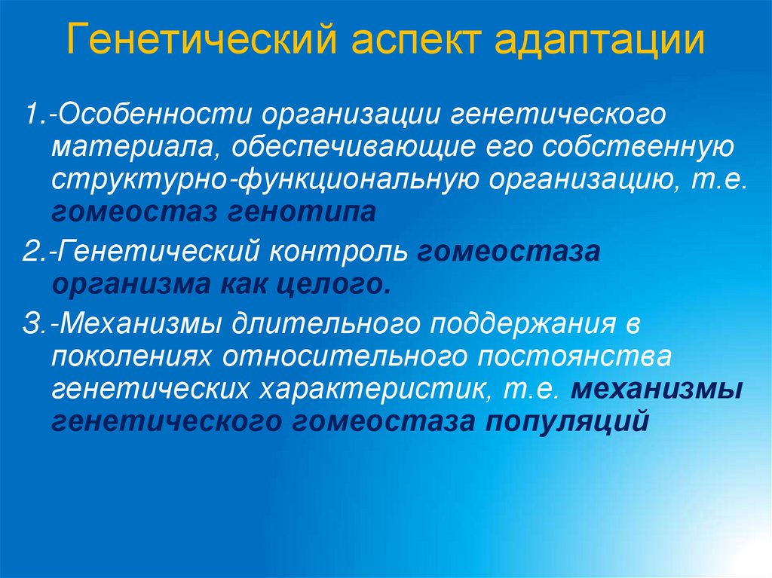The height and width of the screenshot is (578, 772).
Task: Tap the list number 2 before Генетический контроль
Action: click(x=29, y=250)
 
